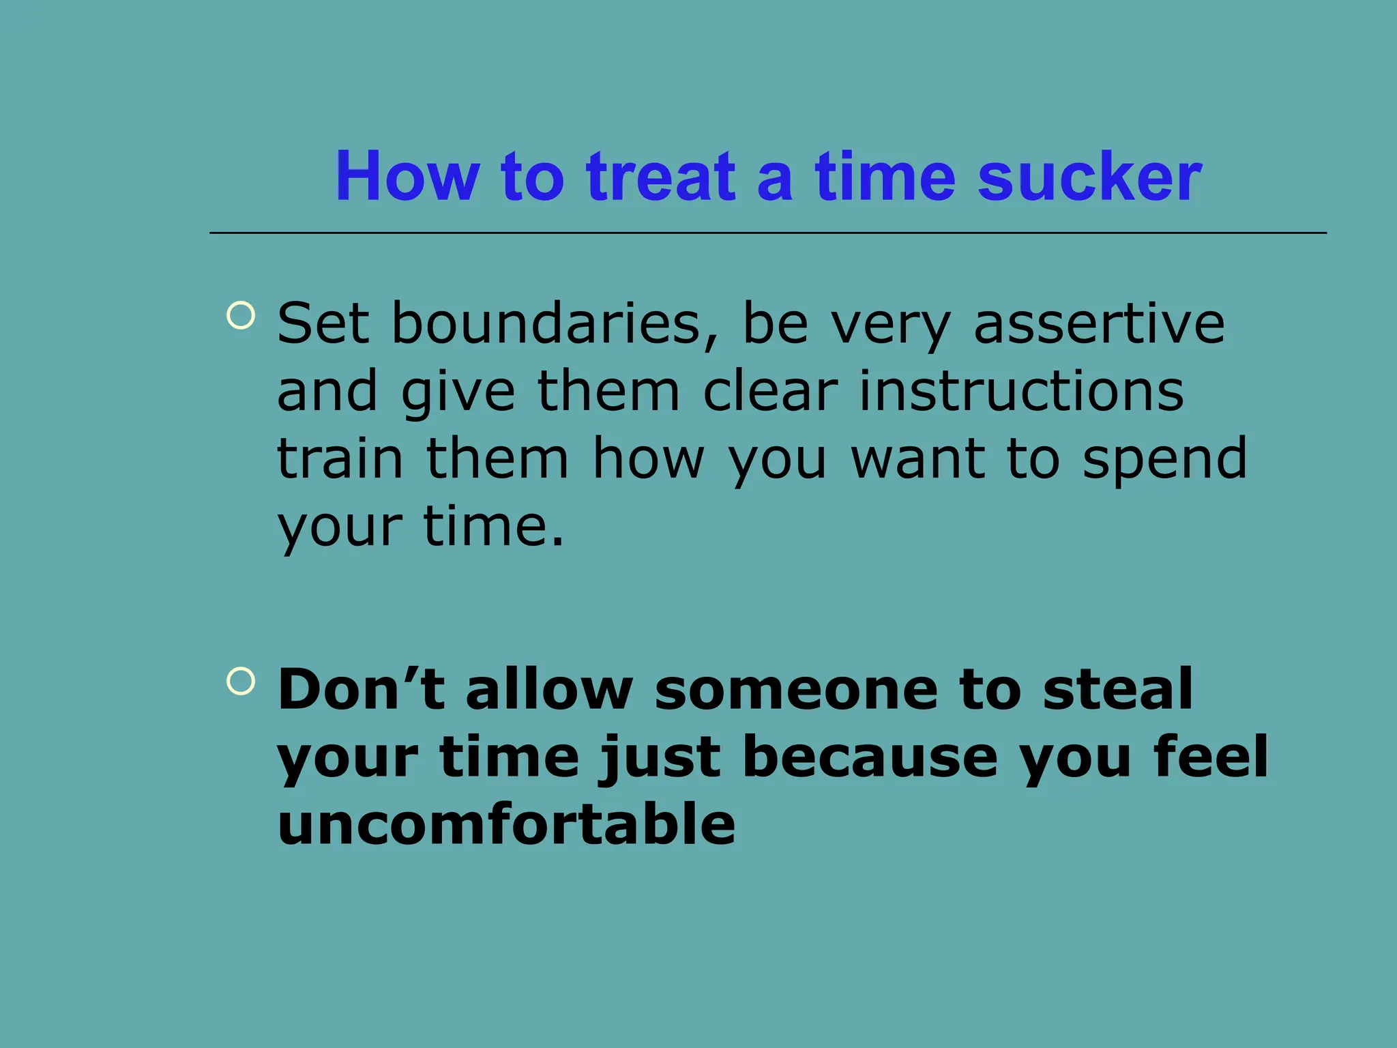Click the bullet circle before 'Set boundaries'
coord(241,315)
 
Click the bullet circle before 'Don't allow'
coord(241,680)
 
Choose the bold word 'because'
coord(870,757)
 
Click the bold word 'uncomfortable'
coord(506,824)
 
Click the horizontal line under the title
coord(767,233)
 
